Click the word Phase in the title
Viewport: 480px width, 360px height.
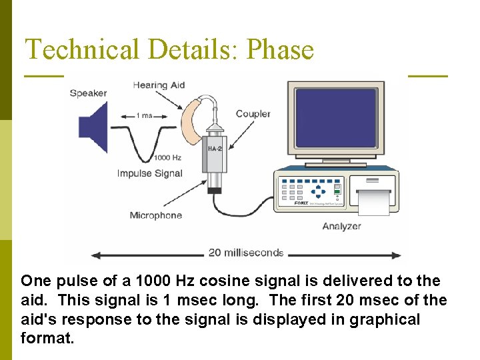pos(280,49)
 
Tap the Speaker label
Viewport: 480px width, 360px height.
pos(89,93)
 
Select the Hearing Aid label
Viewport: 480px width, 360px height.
pos(159,85)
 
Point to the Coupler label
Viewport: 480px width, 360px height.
pos(253,113)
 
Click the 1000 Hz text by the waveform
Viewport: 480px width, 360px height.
pos(167,158)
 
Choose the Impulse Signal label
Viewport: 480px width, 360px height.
pos(150,173)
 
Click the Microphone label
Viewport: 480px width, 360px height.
pos(155,215)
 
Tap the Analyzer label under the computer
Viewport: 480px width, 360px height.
pos(341,226)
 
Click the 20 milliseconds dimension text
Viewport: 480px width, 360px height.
pos(246,253)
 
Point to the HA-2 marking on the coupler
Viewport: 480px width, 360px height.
pos(215,148)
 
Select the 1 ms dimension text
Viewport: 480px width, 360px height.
pos(144,115)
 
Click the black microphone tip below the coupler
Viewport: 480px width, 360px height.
pos(215,191)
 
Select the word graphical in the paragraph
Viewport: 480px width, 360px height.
pos(387,319)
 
